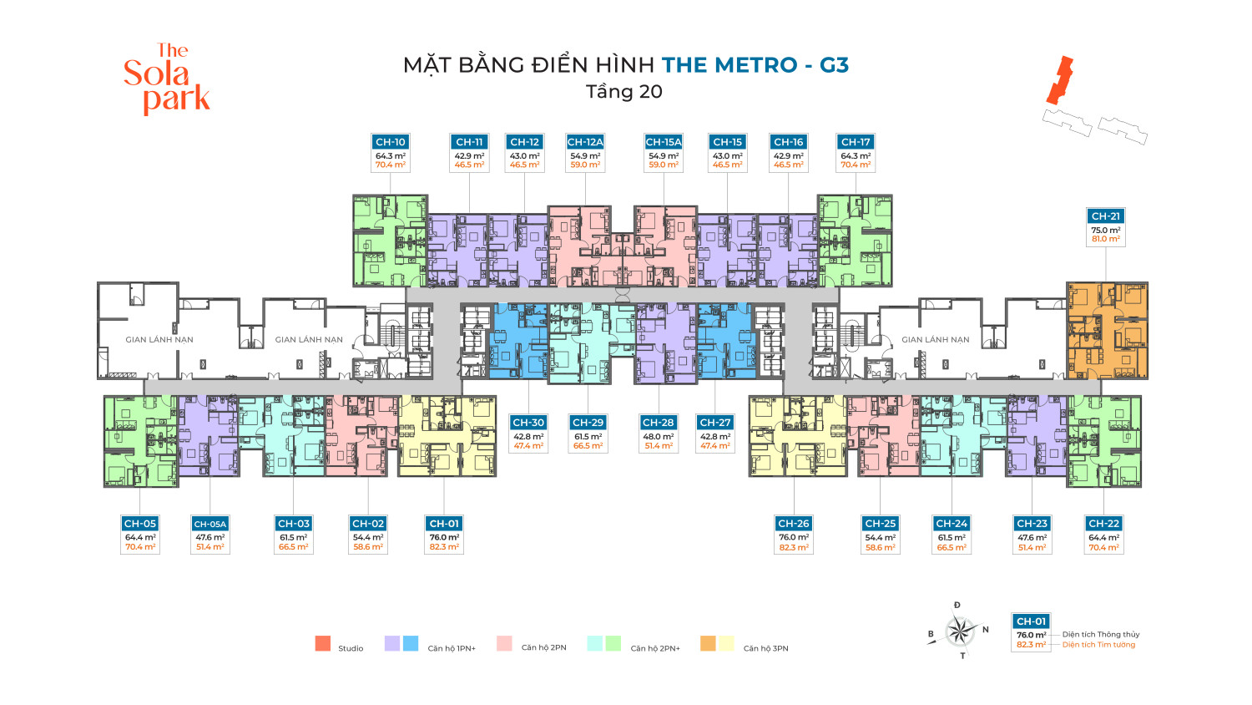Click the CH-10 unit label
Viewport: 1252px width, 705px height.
coord(391,142)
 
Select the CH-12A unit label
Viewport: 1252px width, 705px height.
coord(585,142)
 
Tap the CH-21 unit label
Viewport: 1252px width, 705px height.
coord(1106,216)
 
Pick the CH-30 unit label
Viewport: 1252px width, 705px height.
coord(528,423)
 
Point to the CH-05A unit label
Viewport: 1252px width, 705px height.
coord(210,524)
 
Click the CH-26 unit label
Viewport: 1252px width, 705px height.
coord(793,524)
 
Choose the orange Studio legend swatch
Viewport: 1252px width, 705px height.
coord(323,643)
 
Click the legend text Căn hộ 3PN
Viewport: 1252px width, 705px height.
coord(765,648)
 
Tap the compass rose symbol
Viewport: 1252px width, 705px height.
coord(961,631)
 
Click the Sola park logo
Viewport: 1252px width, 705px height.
coord(167,79)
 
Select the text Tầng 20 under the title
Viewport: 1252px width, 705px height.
coord(624,92)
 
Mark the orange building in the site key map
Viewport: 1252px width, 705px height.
coord(1060,80)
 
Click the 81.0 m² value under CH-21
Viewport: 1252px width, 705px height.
coord(1106,240)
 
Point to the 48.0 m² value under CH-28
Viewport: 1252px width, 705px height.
coord(658,437)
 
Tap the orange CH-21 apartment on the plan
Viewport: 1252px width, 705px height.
coord(1108,330)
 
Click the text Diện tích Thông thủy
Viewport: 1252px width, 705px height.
coord(1101,635)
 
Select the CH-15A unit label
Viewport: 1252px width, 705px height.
coord(664,142)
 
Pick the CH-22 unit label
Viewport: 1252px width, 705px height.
coord(1103,524)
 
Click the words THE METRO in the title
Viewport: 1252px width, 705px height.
coord(729,65)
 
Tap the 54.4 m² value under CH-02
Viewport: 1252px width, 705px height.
coord(368,538)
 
